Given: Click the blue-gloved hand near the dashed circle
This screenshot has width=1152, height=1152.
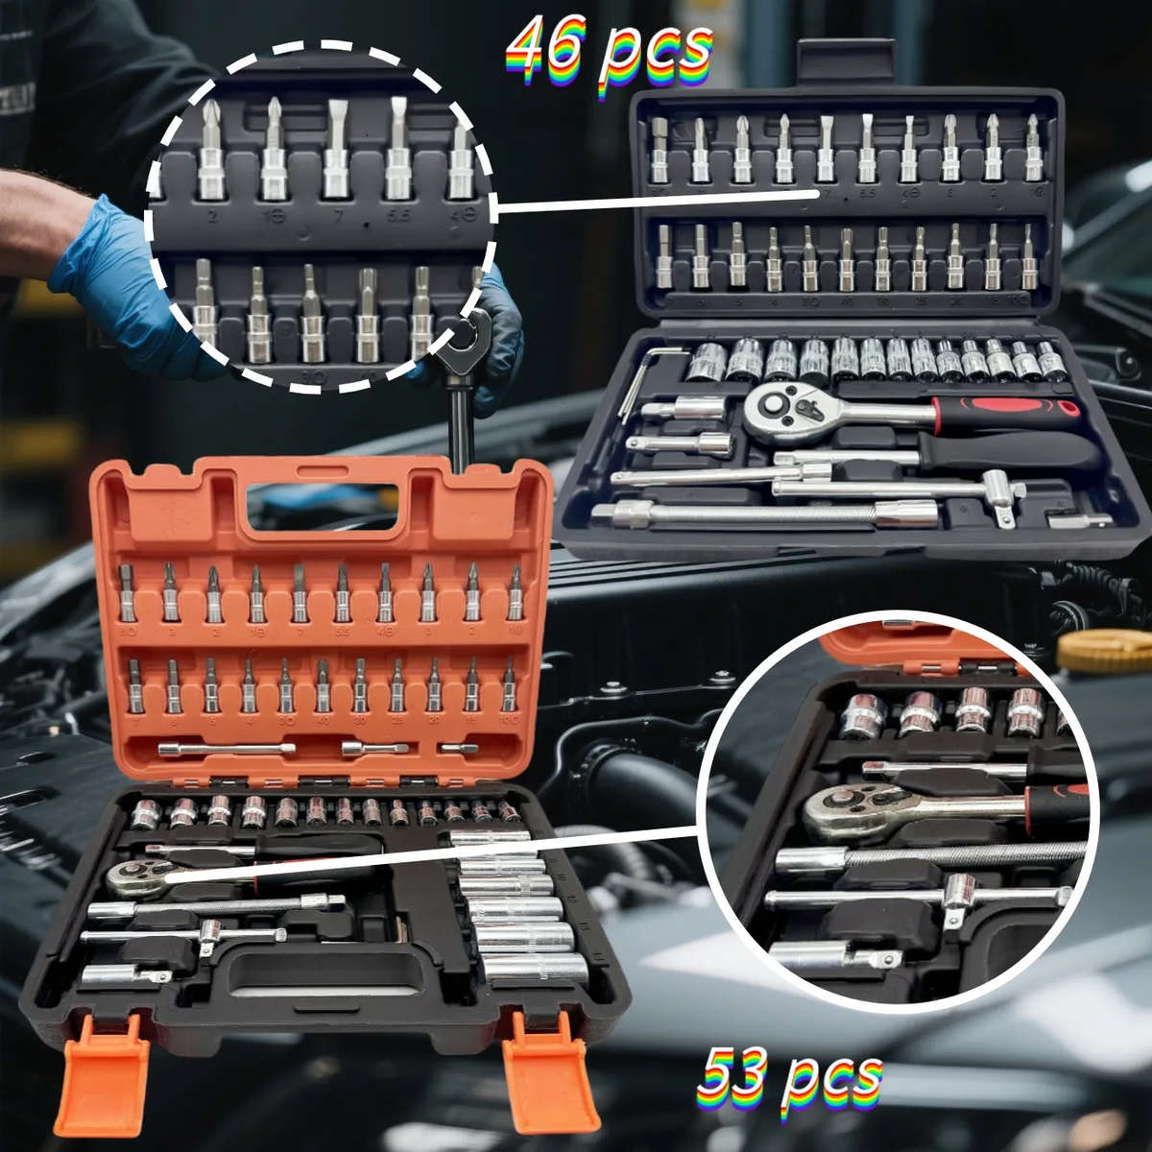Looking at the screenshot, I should (x=106, y=269).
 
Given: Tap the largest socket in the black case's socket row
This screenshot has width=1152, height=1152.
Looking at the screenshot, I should (x=707, y=361).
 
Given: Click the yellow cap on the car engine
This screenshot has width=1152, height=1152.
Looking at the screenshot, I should (x=1104, y=650).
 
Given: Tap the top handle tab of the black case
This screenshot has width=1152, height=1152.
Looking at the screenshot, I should (x=846, y=63).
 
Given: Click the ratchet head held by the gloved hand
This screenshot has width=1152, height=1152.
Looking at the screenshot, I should (x=471, y=336).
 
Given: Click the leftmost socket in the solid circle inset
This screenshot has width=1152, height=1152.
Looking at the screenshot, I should (x=862, y=715).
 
